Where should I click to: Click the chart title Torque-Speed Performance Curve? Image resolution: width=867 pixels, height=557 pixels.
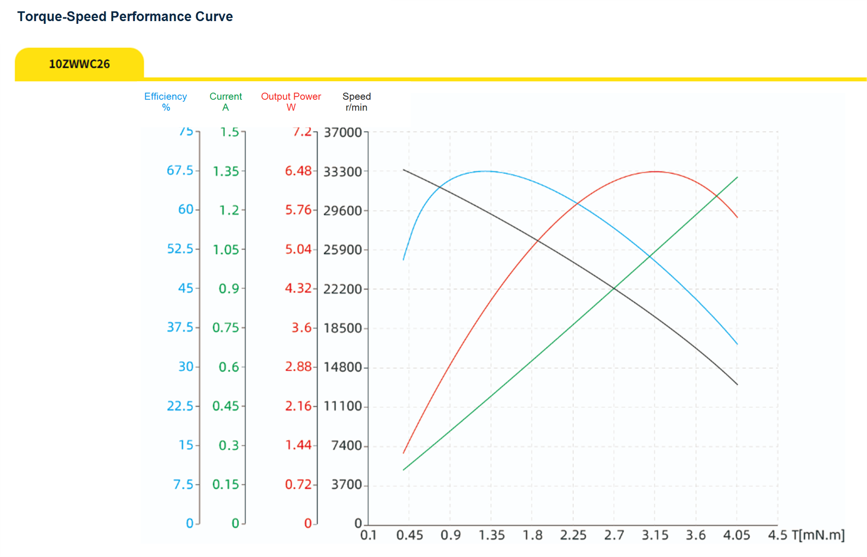[125, 17]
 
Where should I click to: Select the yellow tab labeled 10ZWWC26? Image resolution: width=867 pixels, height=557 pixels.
[79, 63]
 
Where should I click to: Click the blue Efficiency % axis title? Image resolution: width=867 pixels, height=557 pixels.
[166, 102]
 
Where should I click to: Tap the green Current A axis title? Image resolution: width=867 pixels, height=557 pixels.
[225, 102]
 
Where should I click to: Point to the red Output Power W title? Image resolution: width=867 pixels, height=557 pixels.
[291, 102]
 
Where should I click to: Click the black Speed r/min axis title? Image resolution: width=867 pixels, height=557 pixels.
[357, 102]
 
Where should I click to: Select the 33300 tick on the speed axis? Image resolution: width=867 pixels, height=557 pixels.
[342, 171]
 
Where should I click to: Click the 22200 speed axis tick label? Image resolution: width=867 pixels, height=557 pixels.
[342, 289]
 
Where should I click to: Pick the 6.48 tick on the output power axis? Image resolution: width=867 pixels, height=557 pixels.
[298, 171]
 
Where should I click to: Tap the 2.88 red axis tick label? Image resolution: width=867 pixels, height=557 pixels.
[298, 367]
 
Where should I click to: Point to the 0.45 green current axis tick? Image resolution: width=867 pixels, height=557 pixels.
[226, 406]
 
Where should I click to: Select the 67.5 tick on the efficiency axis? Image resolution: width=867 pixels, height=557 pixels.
[180, 170]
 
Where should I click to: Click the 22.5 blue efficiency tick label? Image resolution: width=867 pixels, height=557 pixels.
[180, 406]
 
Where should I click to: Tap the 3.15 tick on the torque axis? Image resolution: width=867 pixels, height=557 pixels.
[655, 535]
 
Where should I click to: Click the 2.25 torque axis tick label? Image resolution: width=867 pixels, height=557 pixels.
[573, 535]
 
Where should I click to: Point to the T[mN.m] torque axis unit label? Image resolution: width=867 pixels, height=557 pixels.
[818, 535]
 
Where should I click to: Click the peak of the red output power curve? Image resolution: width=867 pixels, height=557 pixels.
[655, 171]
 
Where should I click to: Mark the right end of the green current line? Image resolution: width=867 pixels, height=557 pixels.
[737, 177]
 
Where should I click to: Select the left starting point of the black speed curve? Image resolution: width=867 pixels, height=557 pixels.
[404, 170]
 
